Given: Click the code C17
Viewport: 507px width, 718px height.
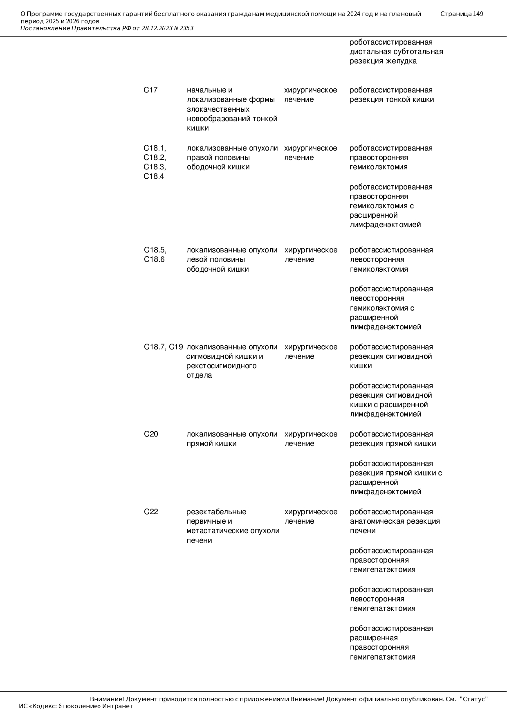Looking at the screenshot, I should [150, 90].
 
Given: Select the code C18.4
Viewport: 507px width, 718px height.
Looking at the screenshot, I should [154, 176].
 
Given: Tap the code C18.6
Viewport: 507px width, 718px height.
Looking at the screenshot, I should [154, 259].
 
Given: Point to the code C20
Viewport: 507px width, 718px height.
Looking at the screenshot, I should [151, 434].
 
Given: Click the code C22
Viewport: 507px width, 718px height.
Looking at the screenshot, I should [151, 512].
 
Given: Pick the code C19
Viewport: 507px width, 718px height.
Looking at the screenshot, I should [176, 347].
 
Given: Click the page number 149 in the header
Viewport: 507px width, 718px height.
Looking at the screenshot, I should [478, 14].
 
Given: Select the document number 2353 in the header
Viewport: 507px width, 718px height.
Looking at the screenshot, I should [186, 28].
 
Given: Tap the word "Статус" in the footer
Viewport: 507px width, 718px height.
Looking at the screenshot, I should [474, 699].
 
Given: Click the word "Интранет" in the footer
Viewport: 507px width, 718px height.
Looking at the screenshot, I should [117, 706].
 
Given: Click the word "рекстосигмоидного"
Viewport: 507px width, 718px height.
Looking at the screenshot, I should [221, 366].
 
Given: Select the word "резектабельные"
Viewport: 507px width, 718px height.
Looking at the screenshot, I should [216, 512].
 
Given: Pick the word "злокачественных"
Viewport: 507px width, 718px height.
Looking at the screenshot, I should [218, 109].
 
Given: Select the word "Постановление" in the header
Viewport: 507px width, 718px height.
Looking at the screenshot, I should [45, 28].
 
